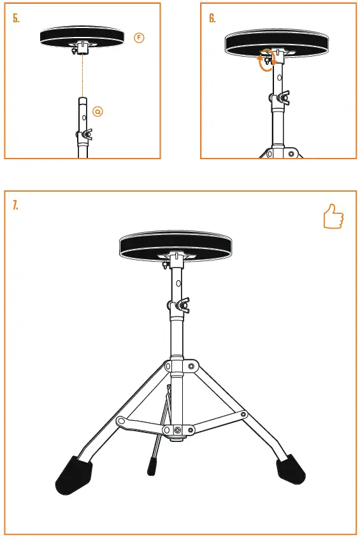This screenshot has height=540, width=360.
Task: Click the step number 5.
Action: click(x=17, y=18)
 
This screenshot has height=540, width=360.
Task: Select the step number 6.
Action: click(x=213, y=18)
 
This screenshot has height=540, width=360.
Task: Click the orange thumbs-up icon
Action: click(x=333, y=217)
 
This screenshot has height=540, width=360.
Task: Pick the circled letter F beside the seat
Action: click(x=140, y=38)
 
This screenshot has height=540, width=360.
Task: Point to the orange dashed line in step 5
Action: click(x=82, y=76)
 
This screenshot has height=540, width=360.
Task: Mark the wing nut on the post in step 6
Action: click(x=280, y=98)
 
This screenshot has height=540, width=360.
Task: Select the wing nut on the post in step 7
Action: click(x=180, y=306)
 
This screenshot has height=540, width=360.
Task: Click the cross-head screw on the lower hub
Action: click(x=176, y=431)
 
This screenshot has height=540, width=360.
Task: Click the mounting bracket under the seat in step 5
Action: click(x=82, y=48)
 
